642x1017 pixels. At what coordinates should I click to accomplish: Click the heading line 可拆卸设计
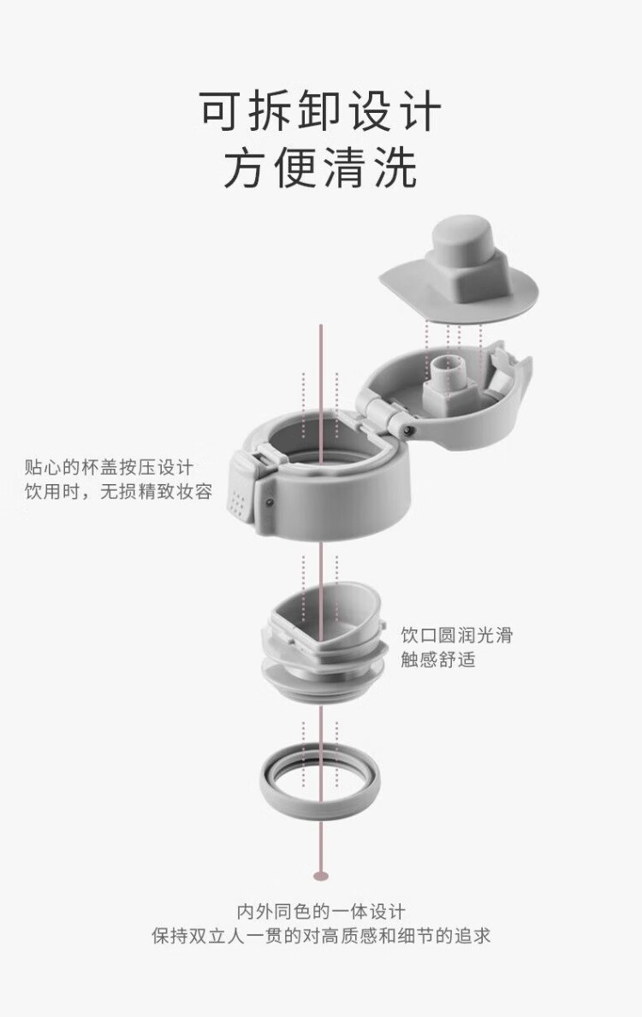[x=320, y=111]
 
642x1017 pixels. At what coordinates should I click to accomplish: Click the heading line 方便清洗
[x=320, y=168]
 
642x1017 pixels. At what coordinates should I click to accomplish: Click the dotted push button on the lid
[x=241, y=492]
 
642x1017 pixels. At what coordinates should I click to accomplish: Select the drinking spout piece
[x=324, y=642]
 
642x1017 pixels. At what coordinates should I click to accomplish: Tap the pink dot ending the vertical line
[x=321, y=876]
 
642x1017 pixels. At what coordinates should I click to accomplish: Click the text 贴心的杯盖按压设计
[x=109, y=467]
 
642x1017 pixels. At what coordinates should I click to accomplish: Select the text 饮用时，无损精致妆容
[x=118, y=491]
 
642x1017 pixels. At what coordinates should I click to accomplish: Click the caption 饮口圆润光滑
[x=456, y=635]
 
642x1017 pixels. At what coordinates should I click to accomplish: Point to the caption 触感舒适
[x=438, y=659]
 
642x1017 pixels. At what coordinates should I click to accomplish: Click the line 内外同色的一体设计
[x=321, y=911]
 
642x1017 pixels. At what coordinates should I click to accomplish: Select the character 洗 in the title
[x=395, y=168]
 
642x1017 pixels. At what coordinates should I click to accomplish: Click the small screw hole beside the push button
[x=270, y=501]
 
